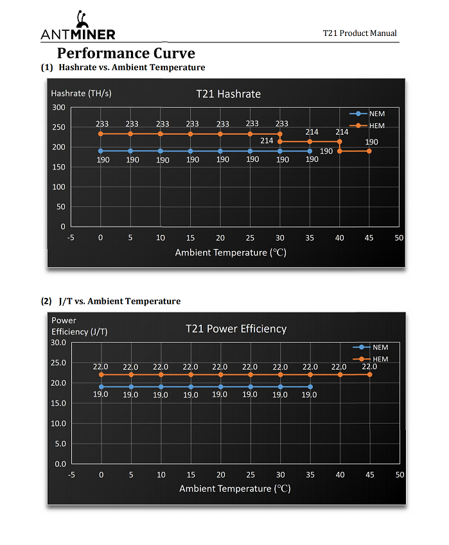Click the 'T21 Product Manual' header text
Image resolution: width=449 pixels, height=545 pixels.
tap(360, 33)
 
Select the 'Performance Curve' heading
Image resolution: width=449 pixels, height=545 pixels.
tap(126, 53)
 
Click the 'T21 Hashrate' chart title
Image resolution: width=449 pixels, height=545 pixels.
tap(228, 94)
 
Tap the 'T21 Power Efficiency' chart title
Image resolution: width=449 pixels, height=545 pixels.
tap(236, 329)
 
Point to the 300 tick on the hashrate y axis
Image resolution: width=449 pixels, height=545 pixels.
tap(59, 107)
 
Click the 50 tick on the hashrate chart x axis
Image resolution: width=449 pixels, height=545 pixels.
tap(399, 238)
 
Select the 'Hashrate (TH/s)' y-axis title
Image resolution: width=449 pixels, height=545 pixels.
tap(81, 93)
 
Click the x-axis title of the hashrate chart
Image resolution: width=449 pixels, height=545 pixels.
tap(231, 252)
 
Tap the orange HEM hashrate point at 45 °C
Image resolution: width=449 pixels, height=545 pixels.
tap(369, 151)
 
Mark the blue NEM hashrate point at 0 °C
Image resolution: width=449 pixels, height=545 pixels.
tap(100, 151)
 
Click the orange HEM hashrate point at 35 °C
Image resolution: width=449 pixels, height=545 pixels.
tap(310, 141)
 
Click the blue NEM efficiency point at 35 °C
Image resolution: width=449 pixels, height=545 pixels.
tap(310, 387)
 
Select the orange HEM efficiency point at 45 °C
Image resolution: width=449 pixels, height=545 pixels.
tap(370, 374)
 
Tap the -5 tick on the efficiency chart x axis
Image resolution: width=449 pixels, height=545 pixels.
tap(71, 474)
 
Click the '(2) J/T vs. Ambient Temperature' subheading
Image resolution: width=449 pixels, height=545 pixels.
tap(110, 301)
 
